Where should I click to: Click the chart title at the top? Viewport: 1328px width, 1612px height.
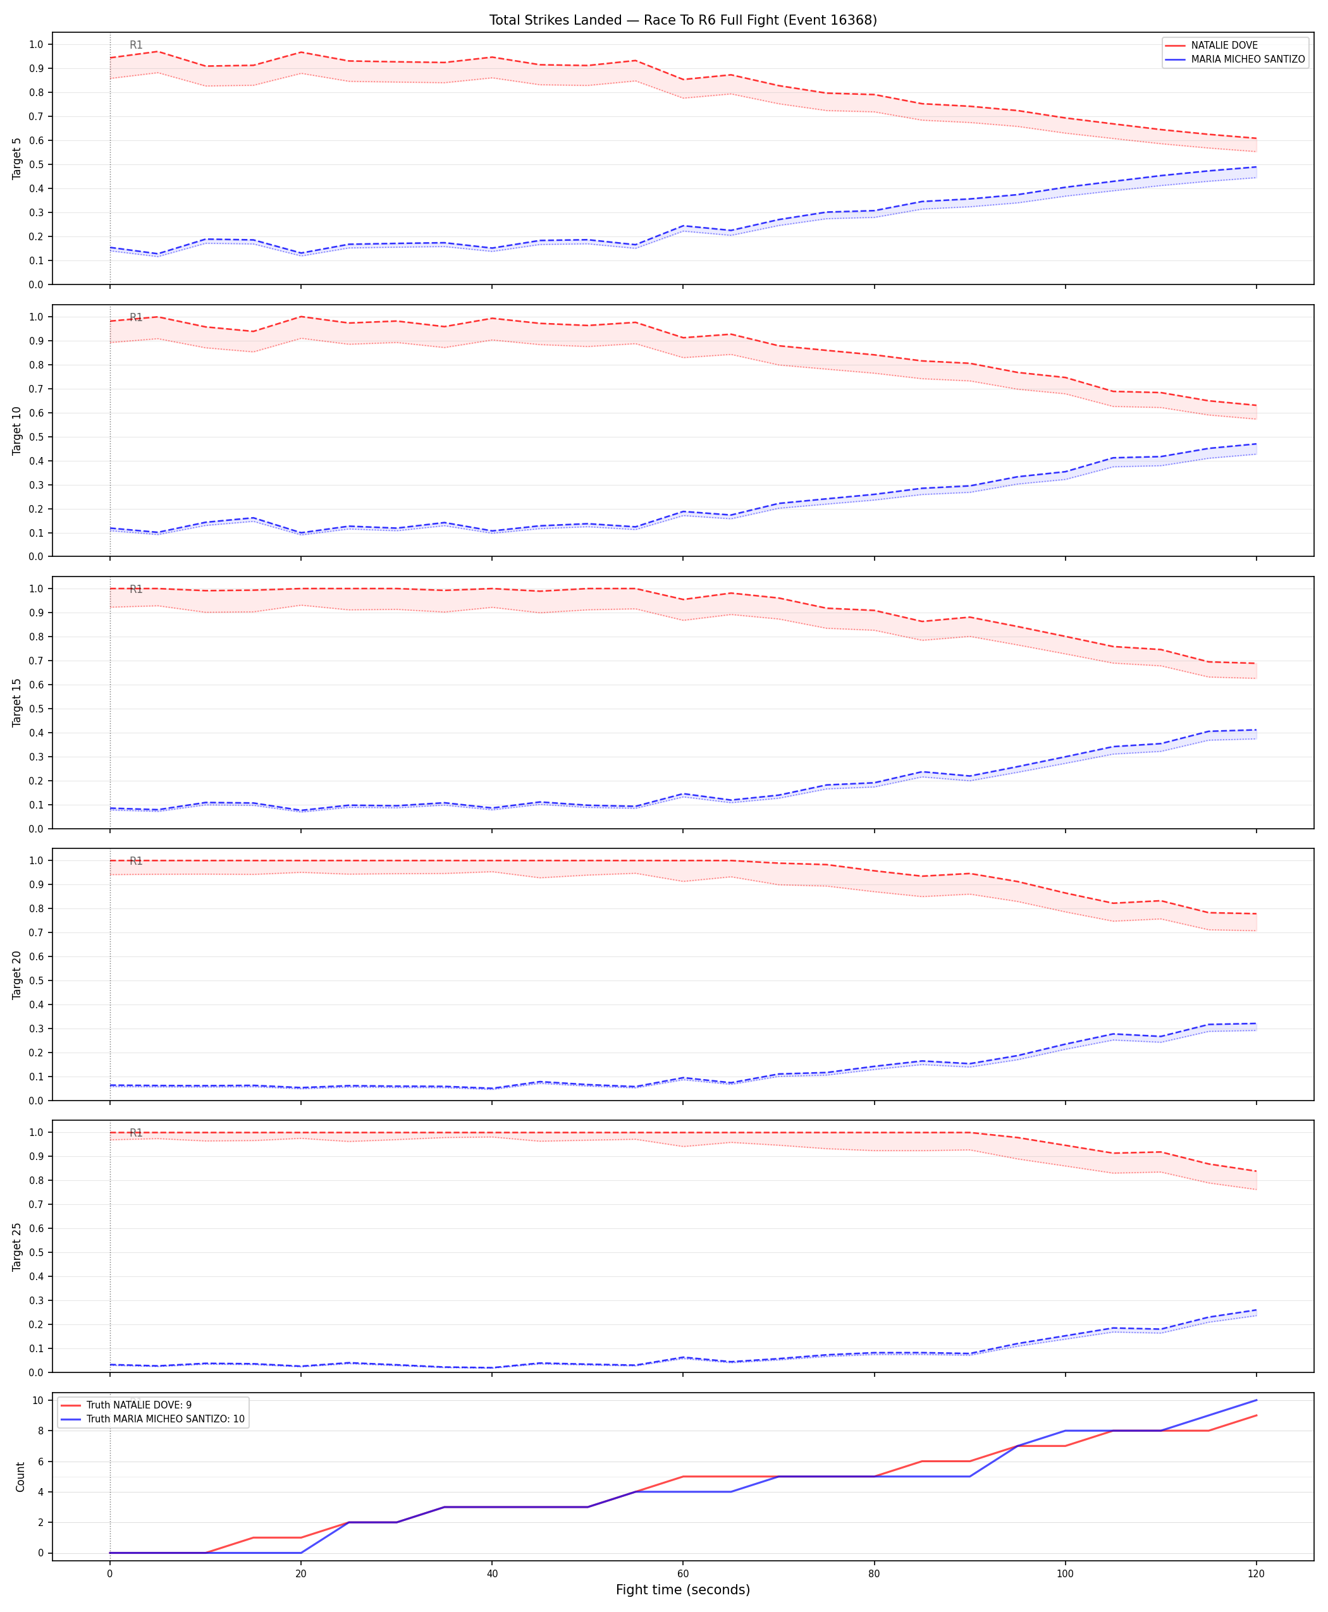[x=683, y=20]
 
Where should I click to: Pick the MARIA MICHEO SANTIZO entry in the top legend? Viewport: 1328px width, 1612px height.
[x=1248, y=59]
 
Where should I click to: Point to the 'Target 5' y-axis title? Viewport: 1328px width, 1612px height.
[x=18, y=158]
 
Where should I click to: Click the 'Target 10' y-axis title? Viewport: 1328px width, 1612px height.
[x=18, y=430]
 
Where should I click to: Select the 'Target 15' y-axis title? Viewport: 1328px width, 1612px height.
[x=18, y=702]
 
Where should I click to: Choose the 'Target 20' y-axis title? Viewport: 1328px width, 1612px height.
[x=18, y=974]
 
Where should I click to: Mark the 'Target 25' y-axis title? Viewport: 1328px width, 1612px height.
[x=18, y=1247]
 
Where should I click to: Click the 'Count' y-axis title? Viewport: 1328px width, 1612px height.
[x=21, y=1477]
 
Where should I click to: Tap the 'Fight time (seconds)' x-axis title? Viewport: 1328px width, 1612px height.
[x=683, y=1590]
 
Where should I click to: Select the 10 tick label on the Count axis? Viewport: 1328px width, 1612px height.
[x=37, y=1400]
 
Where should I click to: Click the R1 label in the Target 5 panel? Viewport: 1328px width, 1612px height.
[x=136, y=45]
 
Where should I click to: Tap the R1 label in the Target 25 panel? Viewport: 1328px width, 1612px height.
[x=136, y=1133]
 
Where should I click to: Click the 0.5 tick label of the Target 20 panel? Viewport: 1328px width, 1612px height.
[x=36, y=980]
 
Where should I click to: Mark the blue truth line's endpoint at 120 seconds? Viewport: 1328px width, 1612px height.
[x=1256, y=1400]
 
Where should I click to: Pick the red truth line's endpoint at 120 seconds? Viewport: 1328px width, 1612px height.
[x=1256, y=1415]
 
